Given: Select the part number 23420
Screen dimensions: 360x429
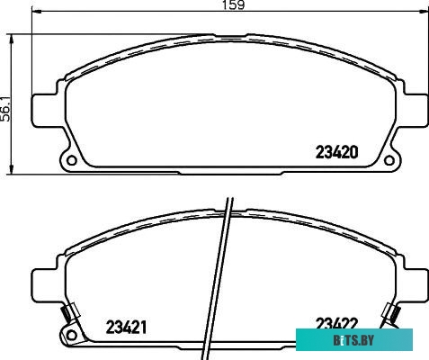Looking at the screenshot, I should (x=335, y=152).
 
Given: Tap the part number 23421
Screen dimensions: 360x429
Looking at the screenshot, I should (x=127, y=325).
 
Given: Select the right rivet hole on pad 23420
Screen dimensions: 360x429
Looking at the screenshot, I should (x=389, y=161).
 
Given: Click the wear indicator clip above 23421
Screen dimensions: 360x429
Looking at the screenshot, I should (x=66, y=314).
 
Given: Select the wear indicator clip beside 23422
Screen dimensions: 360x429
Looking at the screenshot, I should (x=392, y=314).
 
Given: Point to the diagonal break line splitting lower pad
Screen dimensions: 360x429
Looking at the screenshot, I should (x=226, y=270).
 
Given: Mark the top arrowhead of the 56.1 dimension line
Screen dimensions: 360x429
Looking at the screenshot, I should (x=12, y=37).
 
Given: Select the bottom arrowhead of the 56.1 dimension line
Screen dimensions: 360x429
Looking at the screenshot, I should (x=12, y=170).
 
